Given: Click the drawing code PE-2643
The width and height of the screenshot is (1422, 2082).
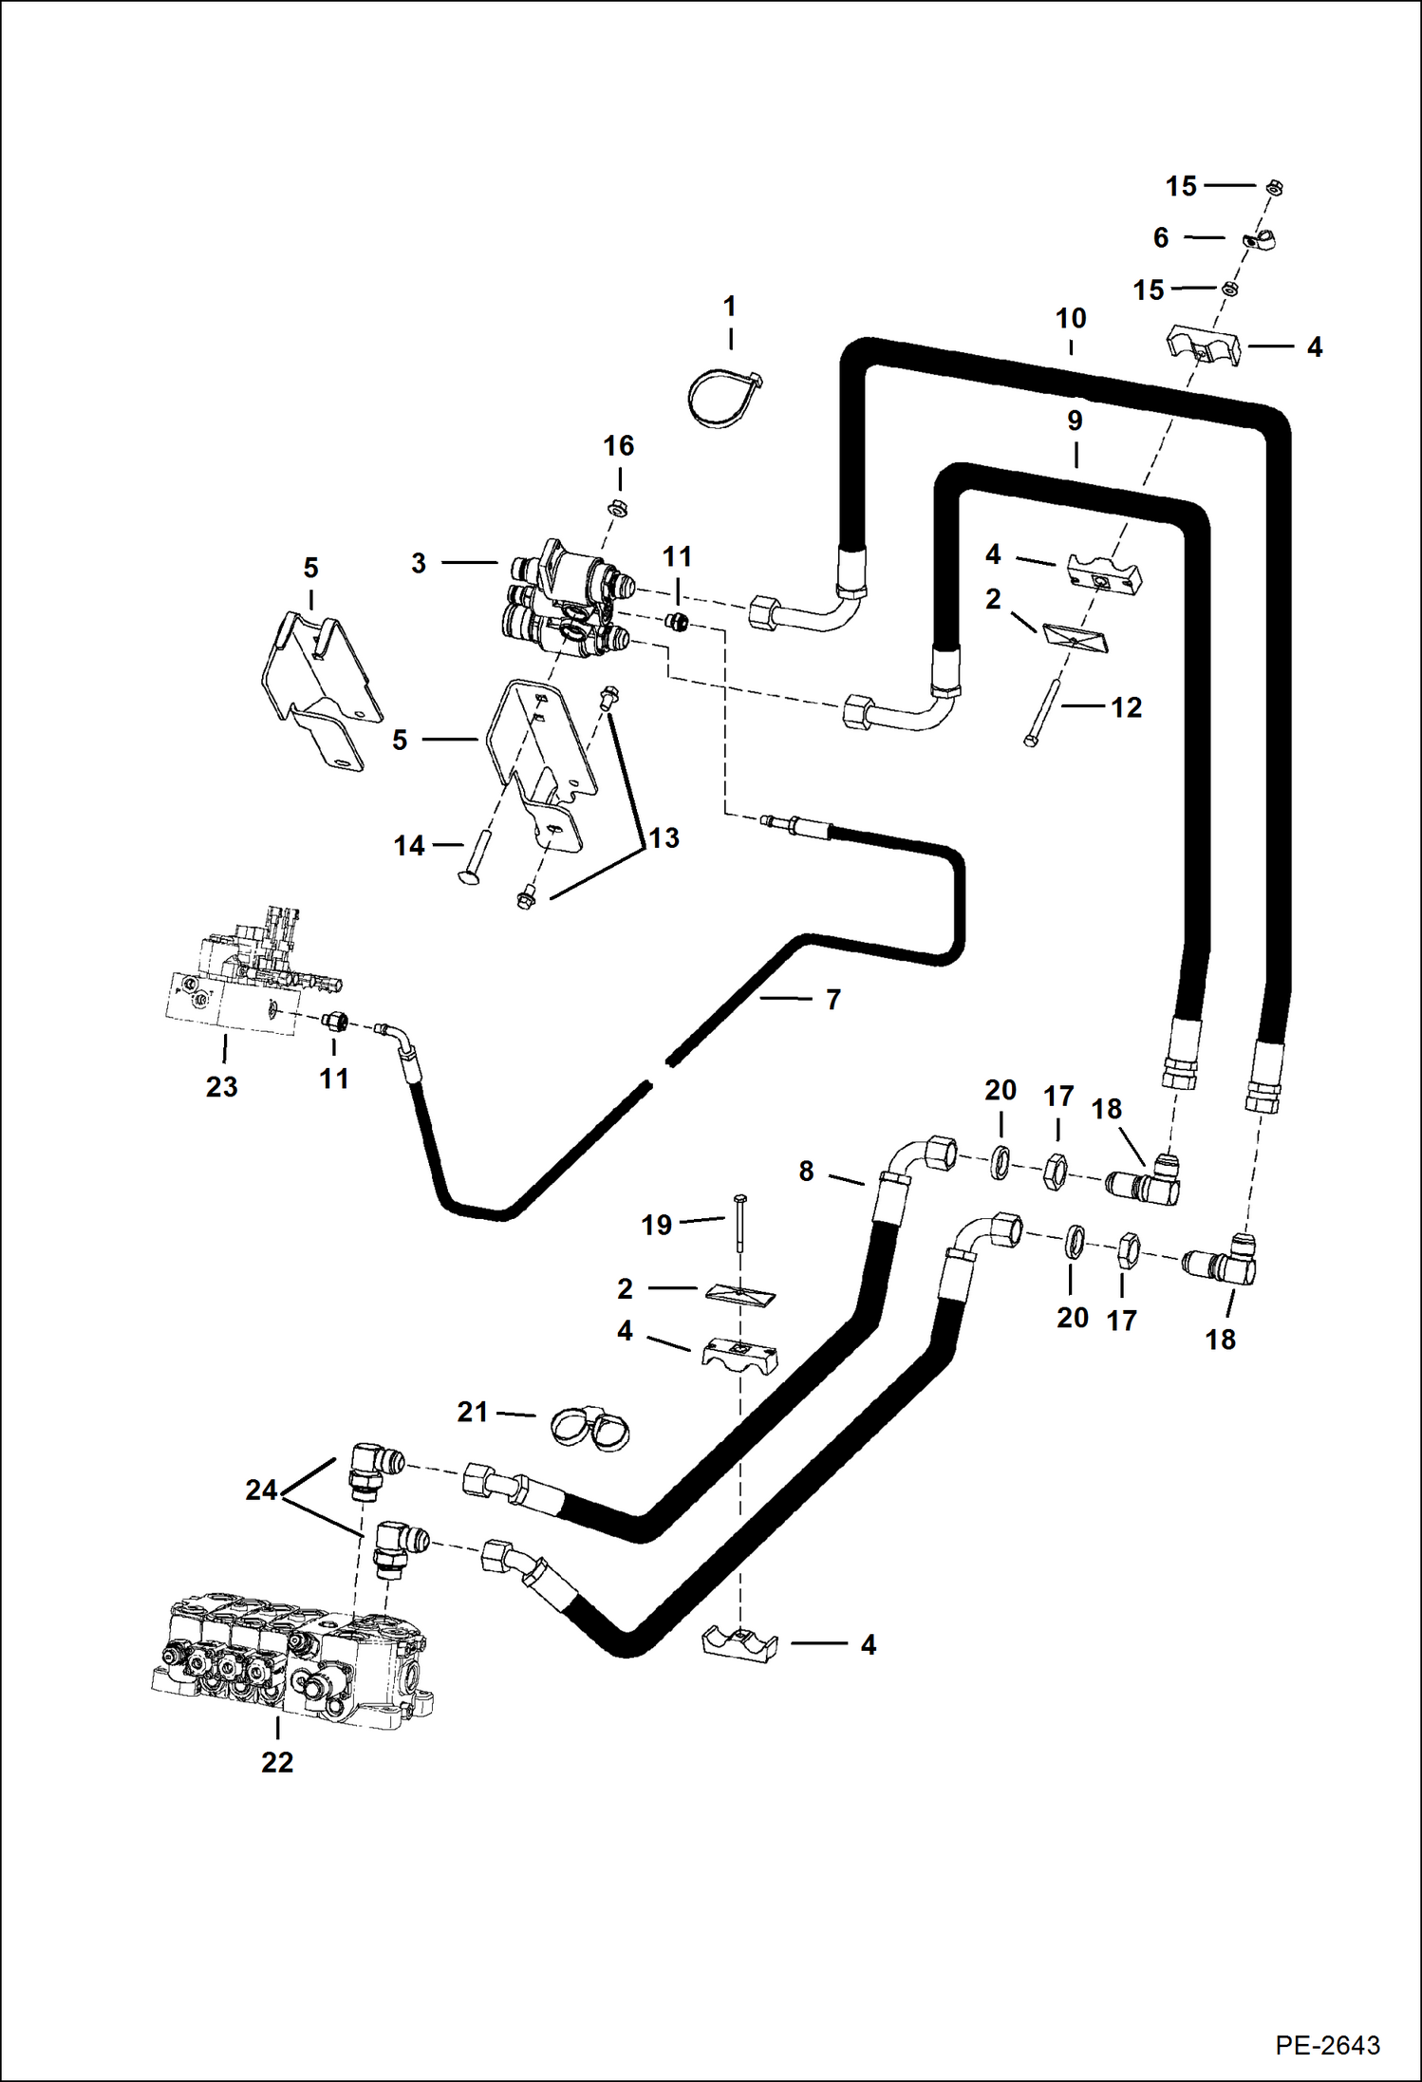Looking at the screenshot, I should [x=1326, y=2044].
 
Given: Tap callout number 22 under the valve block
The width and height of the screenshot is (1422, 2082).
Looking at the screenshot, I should [x=277, y=1762].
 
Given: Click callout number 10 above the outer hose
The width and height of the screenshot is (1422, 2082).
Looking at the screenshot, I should [x=1071, y=318].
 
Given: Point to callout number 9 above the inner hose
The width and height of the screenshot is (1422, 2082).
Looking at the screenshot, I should [x=1075, y=420].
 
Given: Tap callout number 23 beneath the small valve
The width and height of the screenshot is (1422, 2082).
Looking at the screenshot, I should [x=221, y=1086].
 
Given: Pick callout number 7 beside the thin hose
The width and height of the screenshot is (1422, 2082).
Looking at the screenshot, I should [x=833, y=999].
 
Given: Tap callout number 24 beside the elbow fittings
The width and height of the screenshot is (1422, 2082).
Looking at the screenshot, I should [x=261, y=1490].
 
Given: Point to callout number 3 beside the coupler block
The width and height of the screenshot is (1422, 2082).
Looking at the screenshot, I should [x=419, y=563].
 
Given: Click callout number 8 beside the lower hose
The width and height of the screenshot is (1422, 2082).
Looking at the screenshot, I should [x=806, y=1171].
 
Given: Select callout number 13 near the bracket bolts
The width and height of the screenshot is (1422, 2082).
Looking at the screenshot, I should [x=664, y=837].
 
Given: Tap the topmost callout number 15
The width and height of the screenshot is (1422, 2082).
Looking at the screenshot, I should [x=1181, y=186].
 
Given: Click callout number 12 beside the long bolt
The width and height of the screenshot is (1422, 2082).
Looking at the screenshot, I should [x=1126, y=707].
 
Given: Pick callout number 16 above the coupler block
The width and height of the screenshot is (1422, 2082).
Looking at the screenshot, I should [x=619, y=445].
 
